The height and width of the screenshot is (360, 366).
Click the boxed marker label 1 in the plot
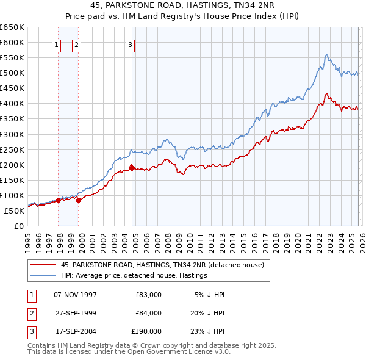(x=56, y=44)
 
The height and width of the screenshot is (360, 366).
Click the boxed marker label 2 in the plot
(x=76, y=44)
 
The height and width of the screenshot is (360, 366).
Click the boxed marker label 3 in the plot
(x=131, y=44)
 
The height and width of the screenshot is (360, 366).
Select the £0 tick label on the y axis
(x=19, y=226)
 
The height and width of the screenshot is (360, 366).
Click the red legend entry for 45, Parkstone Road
(x=162, y=265)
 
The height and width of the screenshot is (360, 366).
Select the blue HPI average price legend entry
(x=134, y=275)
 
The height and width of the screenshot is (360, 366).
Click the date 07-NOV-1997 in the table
(x=75, y=295)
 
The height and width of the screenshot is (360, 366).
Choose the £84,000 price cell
(x=148, y=313)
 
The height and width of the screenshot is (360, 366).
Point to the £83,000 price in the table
(x=148, y=295)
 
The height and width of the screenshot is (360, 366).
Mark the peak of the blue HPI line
(x=326, y=54)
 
